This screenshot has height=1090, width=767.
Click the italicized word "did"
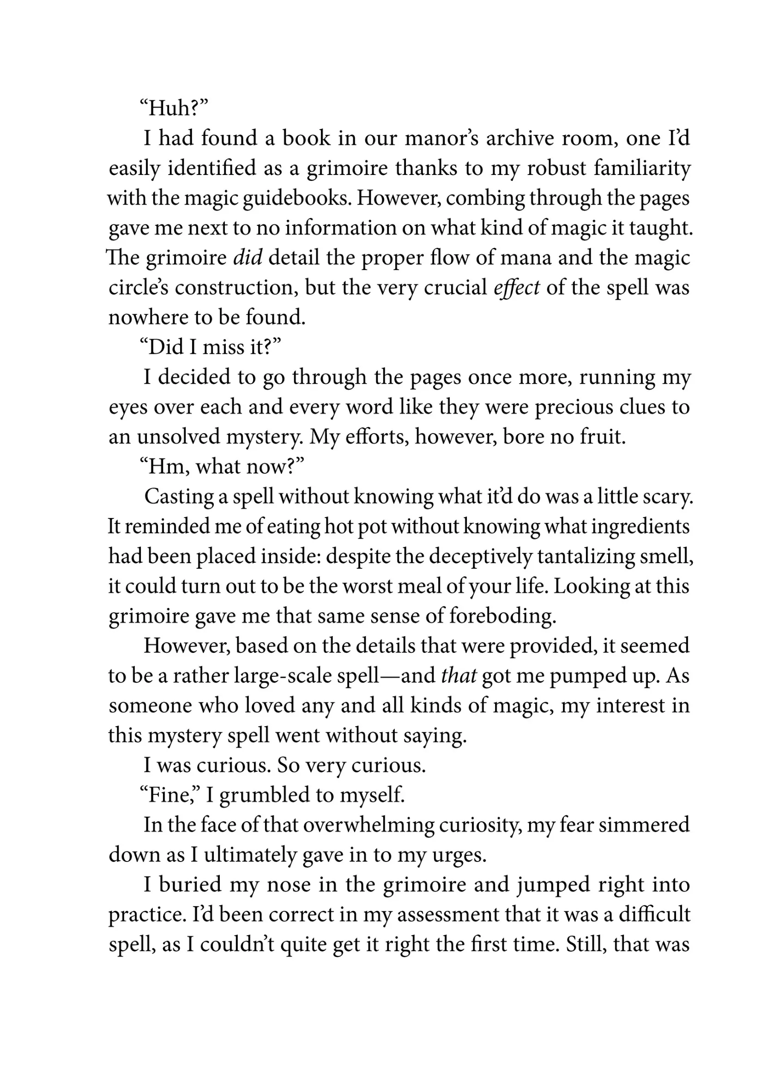point(248,258)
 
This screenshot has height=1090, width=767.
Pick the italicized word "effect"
point(516,288)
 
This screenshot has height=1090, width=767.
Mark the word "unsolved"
point(178,437)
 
